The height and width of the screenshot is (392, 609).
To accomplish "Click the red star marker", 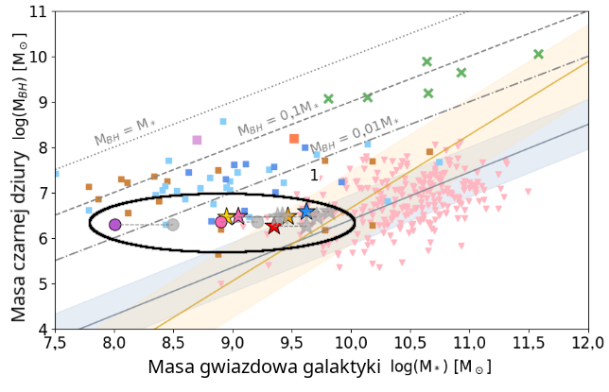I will click(x=274, y=227).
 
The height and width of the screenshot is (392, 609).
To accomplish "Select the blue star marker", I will click(x=306, y=212).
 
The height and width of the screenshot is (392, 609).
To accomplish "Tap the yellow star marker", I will click(x=227, y=217).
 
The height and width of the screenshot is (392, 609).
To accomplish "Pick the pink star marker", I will click(x=238, y=216).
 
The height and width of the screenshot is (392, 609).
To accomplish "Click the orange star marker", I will click(x=288, y=216).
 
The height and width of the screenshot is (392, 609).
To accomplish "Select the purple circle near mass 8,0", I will click(x=114, y=225).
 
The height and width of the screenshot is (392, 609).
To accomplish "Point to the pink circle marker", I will click(x=221, y=222).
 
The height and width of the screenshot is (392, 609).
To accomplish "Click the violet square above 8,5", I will click(x=197, y=140).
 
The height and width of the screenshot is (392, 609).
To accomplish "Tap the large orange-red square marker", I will click(x=294, y=139).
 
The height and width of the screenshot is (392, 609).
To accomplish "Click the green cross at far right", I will click(x=539, y=54).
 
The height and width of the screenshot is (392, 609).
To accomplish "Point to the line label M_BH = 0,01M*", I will click(x=355, y=135).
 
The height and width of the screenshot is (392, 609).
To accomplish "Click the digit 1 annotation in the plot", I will click(x=314, y=175).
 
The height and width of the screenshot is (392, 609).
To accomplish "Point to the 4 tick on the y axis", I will click(x=44, y=330).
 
